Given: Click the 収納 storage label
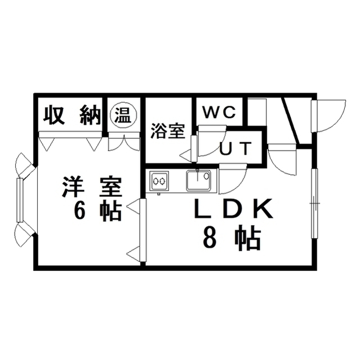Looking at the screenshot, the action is pos(73,115).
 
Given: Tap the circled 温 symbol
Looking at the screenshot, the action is pos(123,115).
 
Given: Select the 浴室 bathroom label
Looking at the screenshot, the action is pos(168,131).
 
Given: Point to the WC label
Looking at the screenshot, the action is pos(219,112).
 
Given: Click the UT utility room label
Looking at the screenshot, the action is pos(236,148).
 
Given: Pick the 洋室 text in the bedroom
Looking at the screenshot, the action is pos(92,187).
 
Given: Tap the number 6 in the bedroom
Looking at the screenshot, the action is pos(79,210).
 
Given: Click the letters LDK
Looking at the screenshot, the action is pos(234,209).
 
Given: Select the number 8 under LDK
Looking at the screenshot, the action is pos(208,238).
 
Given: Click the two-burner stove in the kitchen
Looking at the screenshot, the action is pos(159,181).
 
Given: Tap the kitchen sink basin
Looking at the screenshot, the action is pos(199,180).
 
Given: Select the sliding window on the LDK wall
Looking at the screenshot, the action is pos(314,204).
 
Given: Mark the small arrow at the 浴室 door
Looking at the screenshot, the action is pos(186,155).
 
